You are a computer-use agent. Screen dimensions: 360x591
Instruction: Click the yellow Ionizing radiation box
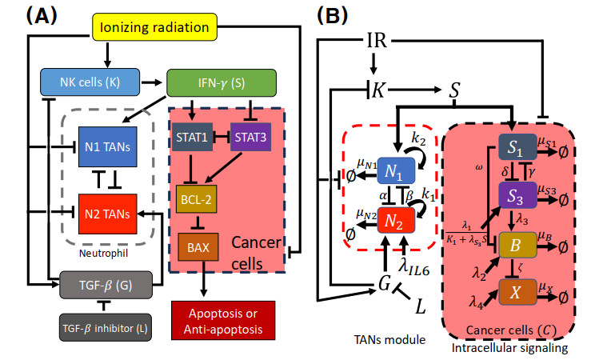pos(155,30)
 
